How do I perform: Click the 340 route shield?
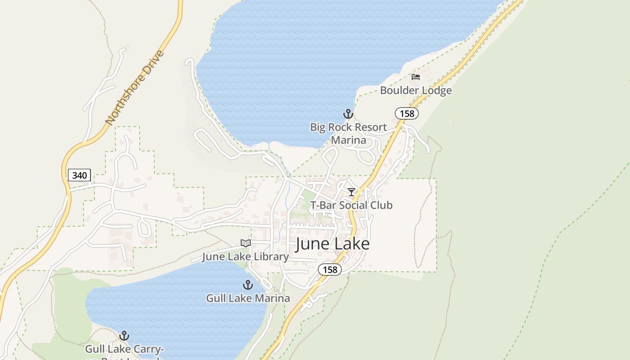pyautogui.click(x=79, y=175)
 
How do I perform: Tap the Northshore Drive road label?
pyautogui.click(x=135, y=88)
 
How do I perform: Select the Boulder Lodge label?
pyautogui.click(x=416, y=90)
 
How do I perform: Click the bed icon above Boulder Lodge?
pyautogui.click(x=416, y=77)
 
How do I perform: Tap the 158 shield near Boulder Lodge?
pyautogui.click(x=407, y=113)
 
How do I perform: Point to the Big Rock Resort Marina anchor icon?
pyautogui.click(x=348, y=113)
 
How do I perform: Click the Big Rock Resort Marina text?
pyautogui.click(x=348, y=134)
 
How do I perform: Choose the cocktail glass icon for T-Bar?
pyautogui.click(x=351, y=192)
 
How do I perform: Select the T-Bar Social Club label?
pyautogui.click(x=351, y=205)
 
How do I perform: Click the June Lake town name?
pyautogui.click(x=333, y=244)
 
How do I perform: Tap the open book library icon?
pyautogui.click(x=245, y=243)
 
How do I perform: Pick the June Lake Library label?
pyautogui.click(x=245, y=257)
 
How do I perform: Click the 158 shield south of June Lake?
pyautogui.click(x=330, y=270)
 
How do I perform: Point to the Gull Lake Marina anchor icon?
pyautogui.click(x=247, y=285)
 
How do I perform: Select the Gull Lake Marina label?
pyautogui.click(x=248, y=298)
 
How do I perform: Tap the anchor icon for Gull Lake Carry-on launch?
pyautogui.click(x=124, y=336)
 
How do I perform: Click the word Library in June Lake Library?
pyautogui.click(x=270, y=257)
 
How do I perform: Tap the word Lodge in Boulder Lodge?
pyautogui.click(x=435, y=90)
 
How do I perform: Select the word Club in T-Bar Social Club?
pyautogui.click(x=381, y=205)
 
